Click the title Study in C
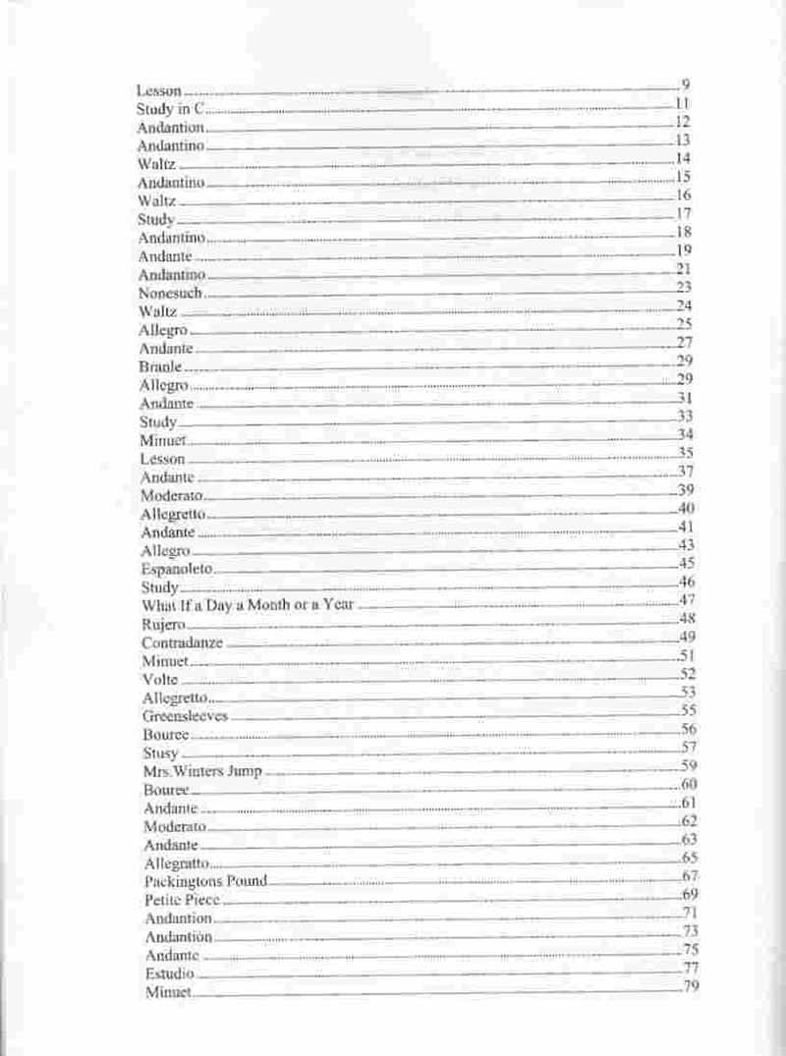tap(169, 109)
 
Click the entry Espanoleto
tap(177, 569)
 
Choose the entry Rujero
tap(163, 624)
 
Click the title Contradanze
tap(182, 642)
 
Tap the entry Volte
tap(159, 679)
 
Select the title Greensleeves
tap(185, 716)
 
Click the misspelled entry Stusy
tap(160, 752)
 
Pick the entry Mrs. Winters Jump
tap(202, 771)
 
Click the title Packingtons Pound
tap(205, 881)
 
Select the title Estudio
tap(169, 973)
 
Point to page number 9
tap(684, 85)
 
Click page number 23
tap(685, 287)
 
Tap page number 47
tap(687, 600)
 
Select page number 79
tap(691, 986)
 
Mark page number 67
tap(690, 875)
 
